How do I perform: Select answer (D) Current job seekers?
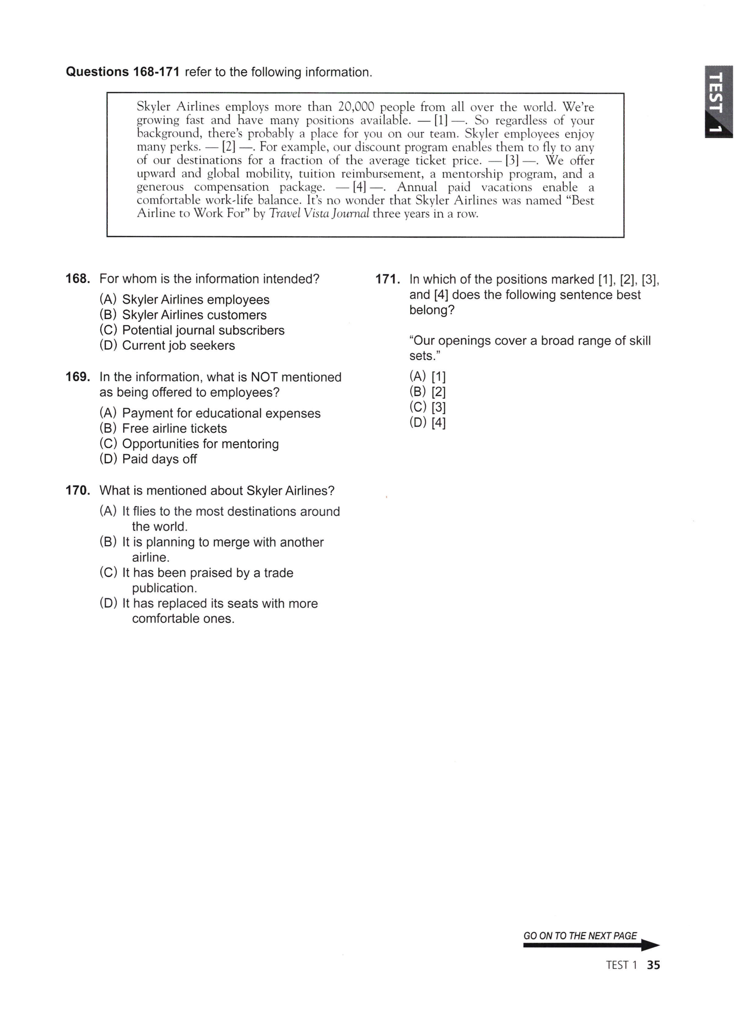(167, 345)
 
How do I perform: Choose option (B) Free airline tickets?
(163, 428)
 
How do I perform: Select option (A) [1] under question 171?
(427, 376)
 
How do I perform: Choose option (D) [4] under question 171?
(427, 422)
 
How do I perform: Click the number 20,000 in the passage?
(356, 107)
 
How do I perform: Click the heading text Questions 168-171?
(123, 72)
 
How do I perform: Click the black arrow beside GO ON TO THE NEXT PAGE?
(648, 945)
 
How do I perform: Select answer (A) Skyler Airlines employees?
(184, 299)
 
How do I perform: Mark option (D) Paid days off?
(148, 459)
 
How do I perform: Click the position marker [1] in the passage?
(441, 121)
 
